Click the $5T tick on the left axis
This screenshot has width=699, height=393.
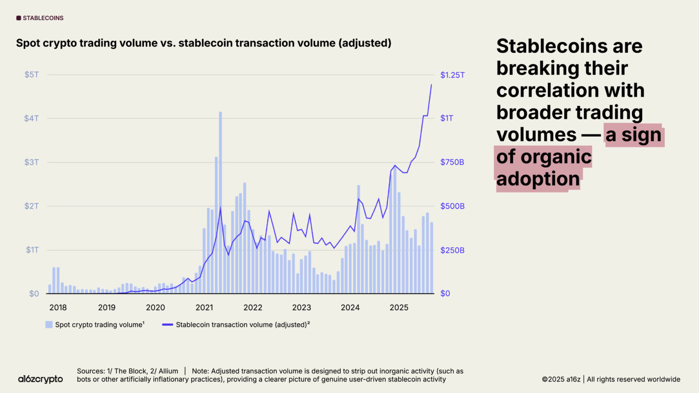pos(31,75)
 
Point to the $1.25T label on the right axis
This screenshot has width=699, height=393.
pos(452,75)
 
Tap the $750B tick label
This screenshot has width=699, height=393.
pos(452,162)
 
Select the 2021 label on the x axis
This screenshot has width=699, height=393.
pos(204,307)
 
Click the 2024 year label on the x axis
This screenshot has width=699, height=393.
pos(350,307)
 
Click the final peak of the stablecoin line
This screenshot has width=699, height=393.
pos(431,85)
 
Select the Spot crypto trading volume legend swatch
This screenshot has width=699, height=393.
pos(49,325)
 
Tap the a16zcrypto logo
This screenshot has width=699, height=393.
pos(41,379)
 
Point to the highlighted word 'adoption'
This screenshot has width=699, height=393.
pos(538,179)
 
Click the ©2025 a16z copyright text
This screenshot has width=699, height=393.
pos(561,379)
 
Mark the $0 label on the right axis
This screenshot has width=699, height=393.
pos(445,293)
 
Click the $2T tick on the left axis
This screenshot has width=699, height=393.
pos(31,206)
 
